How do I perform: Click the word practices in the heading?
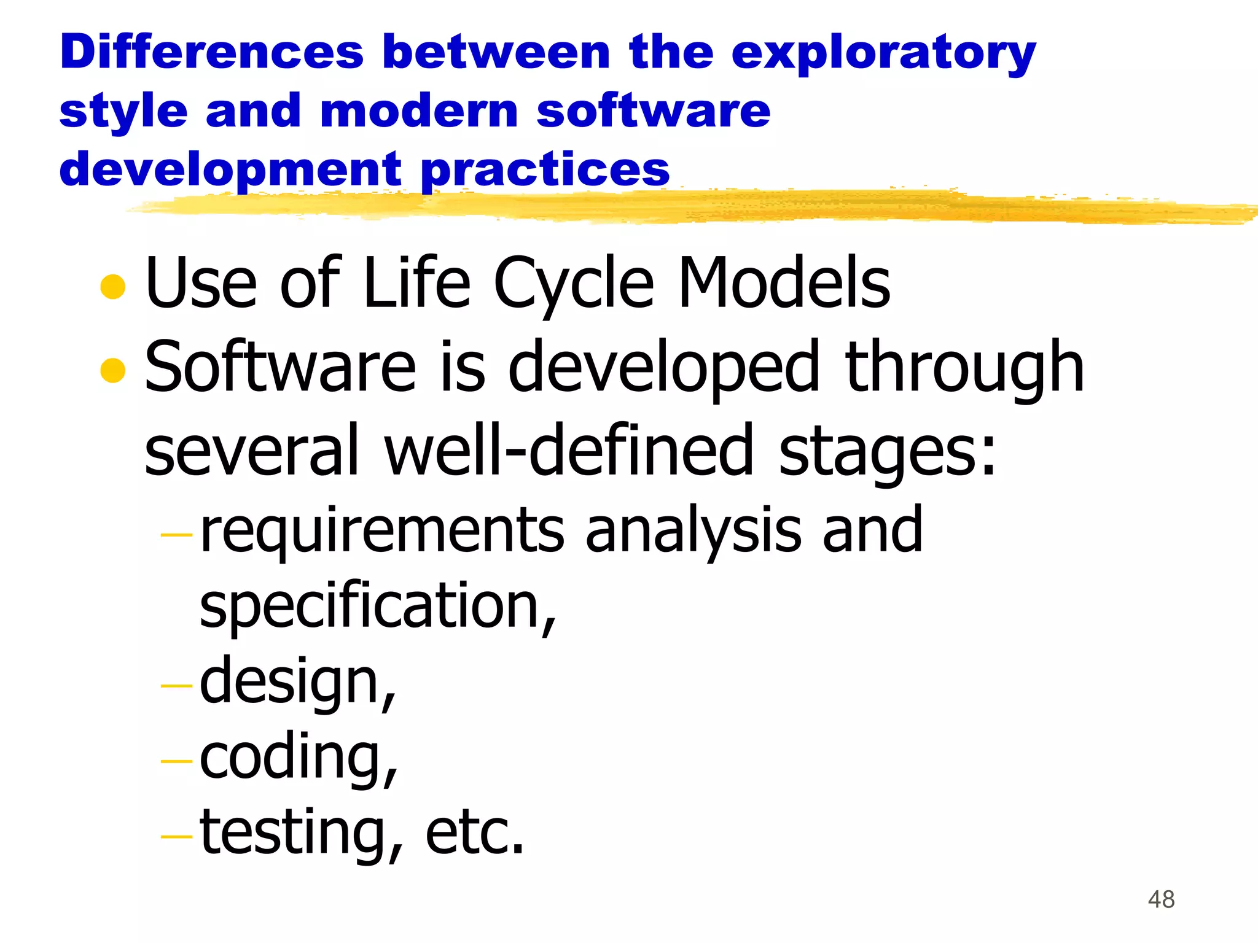(x=545, y=171)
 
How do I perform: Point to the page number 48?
(x=1161, y=899)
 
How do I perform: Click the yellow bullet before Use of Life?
(x=113, y=287)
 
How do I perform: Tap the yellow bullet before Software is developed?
(x=113, y=370)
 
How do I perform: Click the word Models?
(x=784, y=283)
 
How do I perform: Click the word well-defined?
(x=569, y=451)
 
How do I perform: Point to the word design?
(x=298, y=683)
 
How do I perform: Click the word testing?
(x=302, y=834)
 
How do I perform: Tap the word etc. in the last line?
(x=475, y=834)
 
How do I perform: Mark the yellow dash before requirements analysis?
(x=176, y=535)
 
